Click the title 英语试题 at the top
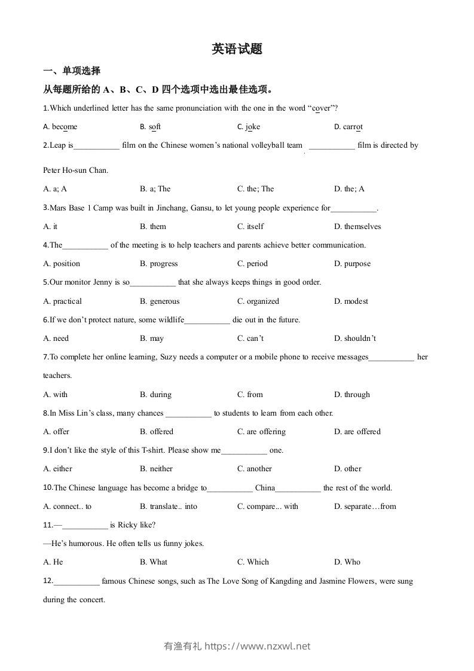[237, 50]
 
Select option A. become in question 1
[60, 127]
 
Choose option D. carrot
[348, 127]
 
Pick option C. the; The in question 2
[255, 189]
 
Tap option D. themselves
[357, 227]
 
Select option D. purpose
[352, 264]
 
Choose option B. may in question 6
[152, 338]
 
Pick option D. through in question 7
[352, 395]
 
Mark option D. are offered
[357, 432]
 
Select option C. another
[254, 469]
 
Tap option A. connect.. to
[68, 507]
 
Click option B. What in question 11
[154, 562]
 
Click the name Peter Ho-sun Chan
[75, 170]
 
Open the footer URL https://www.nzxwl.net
[257, 646]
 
